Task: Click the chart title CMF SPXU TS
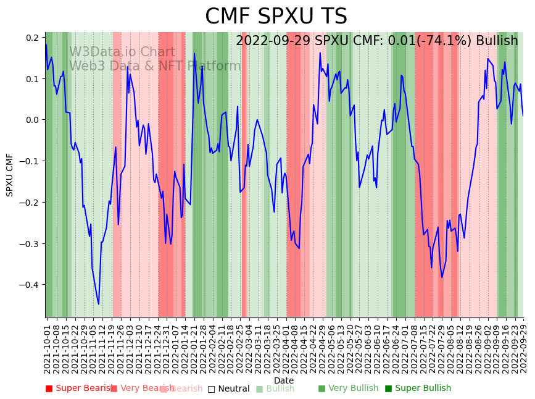coord(276,17)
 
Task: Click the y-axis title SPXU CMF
coord(10,175)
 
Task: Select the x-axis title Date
coord(284,380)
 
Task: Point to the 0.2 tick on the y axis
coord(31,38)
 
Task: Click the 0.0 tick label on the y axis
coord(31,120)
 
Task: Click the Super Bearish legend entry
coord(79,388)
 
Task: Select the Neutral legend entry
coord(228,389)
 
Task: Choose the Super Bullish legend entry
coord(418,388)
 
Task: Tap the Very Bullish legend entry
coord(348,388)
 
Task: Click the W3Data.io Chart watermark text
coord(122,52)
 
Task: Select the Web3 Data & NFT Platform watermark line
coord(155,66)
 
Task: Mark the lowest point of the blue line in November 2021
coord(98,304)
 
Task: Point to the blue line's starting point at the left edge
coord(46,45)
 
